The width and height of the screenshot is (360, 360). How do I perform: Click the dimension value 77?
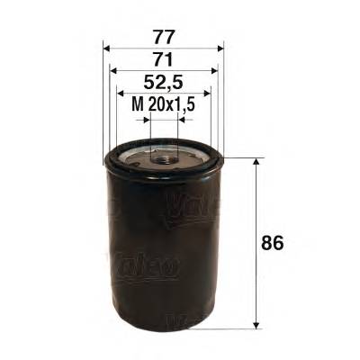click(163, 39)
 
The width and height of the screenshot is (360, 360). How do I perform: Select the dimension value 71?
click(163, 60)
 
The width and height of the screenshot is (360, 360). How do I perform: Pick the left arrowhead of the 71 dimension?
click(112, 71)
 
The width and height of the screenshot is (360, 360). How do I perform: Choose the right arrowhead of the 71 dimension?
click(214, 71)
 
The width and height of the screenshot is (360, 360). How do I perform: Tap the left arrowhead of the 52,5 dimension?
click(121, 93)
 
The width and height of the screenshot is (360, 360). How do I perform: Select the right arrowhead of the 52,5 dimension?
click(206, 93)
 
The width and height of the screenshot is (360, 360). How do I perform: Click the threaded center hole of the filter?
click(163, 159)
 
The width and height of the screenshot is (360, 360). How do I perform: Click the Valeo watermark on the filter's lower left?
click(144, 266)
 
